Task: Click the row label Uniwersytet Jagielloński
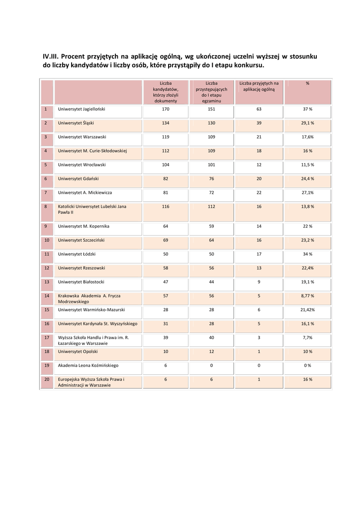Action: [x=82, y=109]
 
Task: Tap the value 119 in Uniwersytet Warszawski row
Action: [x=166, y=137]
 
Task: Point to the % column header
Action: [x=307, y=84]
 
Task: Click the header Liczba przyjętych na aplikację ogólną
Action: [x=259, y=86]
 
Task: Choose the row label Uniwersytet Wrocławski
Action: [x=82, y=165]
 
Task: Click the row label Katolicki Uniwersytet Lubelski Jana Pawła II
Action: [x=92, y=209]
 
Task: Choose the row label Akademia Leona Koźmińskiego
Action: [x=88, y=365]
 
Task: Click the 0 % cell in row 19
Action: [x=307, y=365]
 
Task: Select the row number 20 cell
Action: [x=46, y=379]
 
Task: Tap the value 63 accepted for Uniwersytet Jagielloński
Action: [x=259, y=109]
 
